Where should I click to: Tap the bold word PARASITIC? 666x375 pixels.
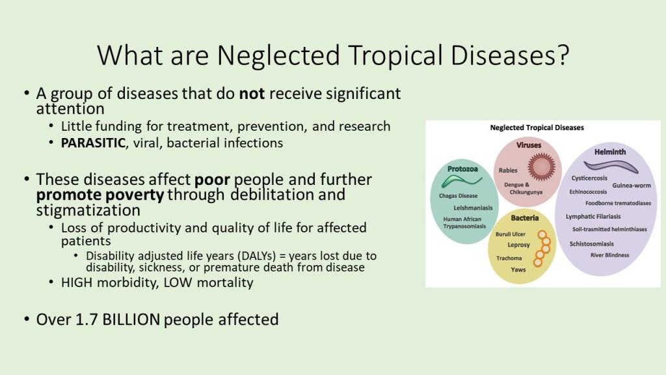click(x=93, y=143)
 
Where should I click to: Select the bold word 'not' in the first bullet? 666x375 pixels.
click(x=252, y=94)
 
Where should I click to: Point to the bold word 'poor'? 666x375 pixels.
click(x=212, y=180)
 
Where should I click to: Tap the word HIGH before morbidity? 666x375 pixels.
click(x=77, y=283)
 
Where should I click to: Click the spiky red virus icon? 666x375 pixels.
click(x=541, y=167)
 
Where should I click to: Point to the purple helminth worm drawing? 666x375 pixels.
click(x=611, y=167)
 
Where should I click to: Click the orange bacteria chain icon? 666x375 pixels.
click(x=542, y=248)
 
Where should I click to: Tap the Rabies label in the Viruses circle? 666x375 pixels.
click(x=508, y=171)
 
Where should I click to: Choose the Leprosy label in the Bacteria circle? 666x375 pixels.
click(x=518, y=245)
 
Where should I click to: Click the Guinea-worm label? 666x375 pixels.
click(x=631, y=186)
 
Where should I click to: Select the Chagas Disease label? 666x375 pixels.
click(x=459, y=196)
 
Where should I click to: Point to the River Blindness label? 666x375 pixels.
click(x=609, y=255)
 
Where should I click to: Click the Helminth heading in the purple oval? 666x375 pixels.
click(x=610, y=152)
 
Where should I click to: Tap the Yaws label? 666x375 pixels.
click(x=518, y=270)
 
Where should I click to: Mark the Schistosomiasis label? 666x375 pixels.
click(x=591, y=244)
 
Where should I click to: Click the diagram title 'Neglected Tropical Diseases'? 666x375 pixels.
click(x=537, y=128)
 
